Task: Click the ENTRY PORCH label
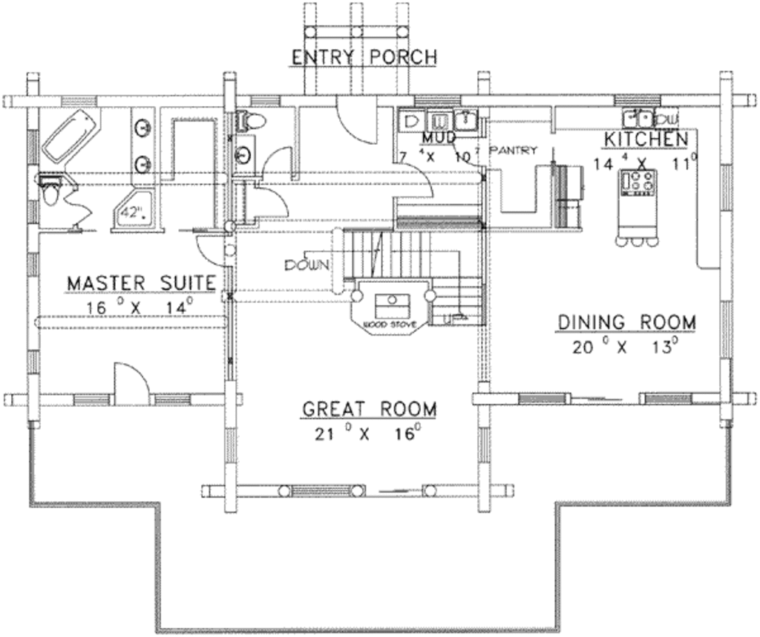[x=363, y=58]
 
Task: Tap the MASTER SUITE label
[x=141, y=284]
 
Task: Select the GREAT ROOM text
[x=369, y=409]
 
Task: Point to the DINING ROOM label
[x=627, y=322]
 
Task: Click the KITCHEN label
[x=646, y=139]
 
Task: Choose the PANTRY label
[x=512, y=150]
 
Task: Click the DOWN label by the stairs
[x=305, y=265]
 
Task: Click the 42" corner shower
[x=134, y=212]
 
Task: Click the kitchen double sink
[x=638, y=117]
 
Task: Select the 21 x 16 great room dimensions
[x=369, y=434]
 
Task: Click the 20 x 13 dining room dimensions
[x=627, y=347]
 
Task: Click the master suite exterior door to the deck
[x=131, y=385]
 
